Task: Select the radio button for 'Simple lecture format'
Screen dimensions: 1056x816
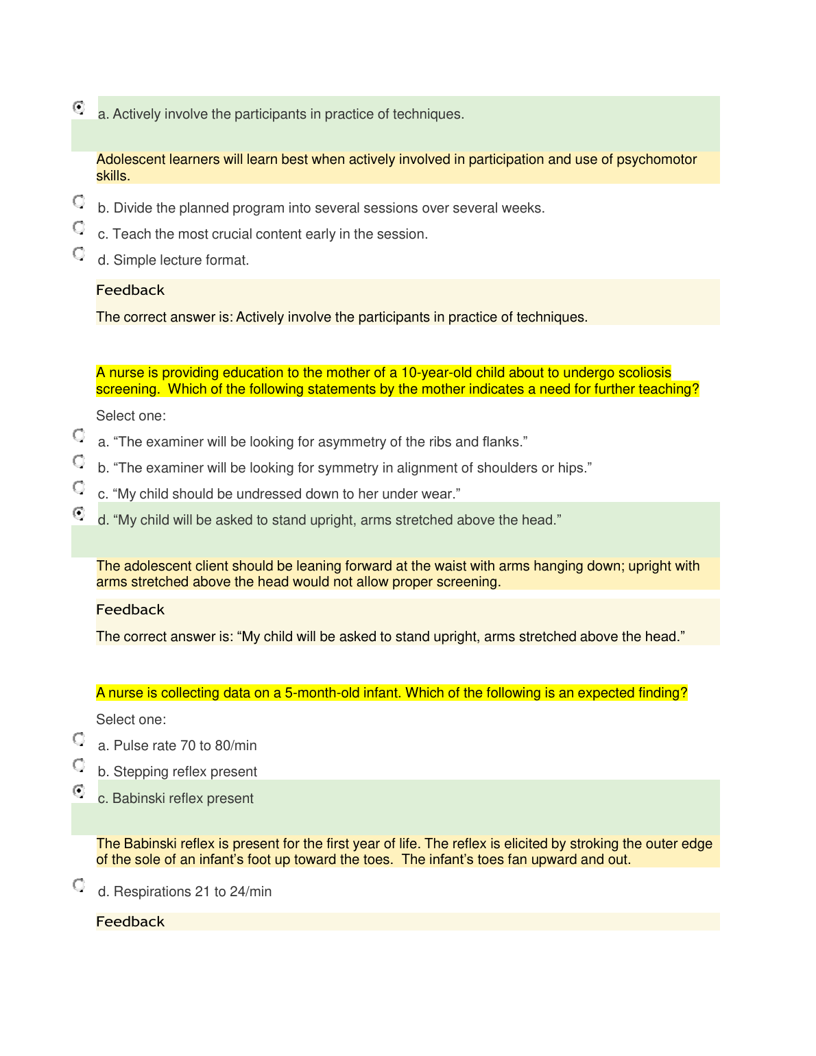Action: point(79,254)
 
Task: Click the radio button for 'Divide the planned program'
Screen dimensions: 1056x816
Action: point(79,202)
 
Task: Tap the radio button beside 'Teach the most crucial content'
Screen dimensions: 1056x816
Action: point(79,227)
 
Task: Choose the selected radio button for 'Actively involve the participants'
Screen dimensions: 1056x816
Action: point(79,107)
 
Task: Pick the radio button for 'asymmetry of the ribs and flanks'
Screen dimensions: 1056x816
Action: point(79,435)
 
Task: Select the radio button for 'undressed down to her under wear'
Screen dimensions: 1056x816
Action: point(79,488)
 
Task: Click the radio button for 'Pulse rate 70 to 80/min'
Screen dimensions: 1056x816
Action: point(79,739)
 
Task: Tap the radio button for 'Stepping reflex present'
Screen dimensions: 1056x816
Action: point(79,765)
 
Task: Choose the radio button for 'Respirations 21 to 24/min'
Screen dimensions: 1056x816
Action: point(79,885)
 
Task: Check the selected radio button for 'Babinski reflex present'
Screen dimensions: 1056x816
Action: point(79,791)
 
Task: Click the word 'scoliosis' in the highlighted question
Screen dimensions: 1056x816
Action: point(644,373)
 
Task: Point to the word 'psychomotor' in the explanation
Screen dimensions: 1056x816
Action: point(656,160)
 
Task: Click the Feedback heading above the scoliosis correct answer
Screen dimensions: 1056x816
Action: point(130,610)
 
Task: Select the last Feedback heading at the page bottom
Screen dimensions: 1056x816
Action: point(130,922)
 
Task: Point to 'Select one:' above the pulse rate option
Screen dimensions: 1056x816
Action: point(131,719)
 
